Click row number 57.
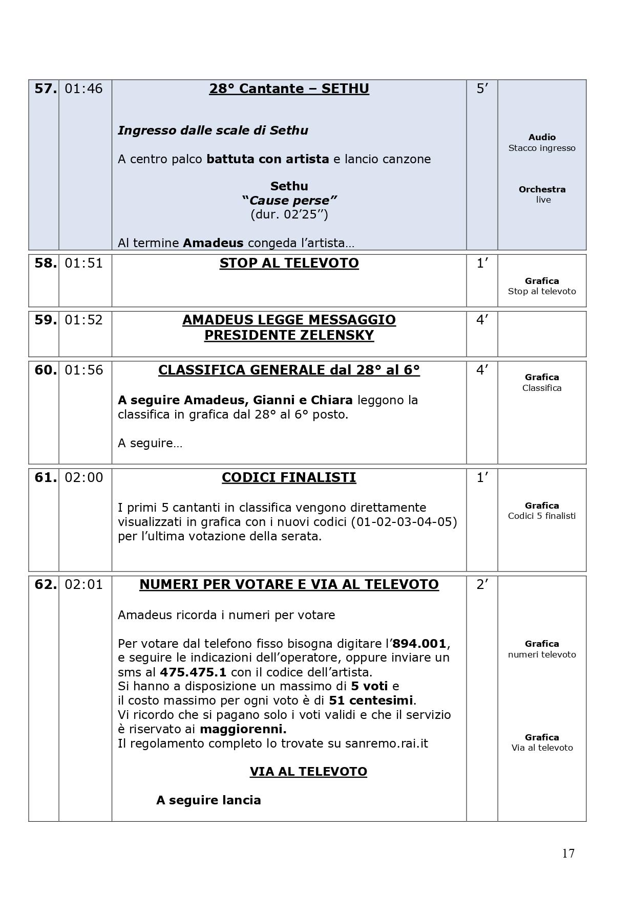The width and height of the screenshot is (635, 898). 45,89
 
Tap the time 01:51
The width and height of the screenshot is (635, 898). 83,263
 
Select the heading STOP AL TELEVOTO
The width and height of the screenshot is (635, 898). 289,263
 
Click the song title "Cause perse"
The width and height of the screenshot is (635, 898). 289,200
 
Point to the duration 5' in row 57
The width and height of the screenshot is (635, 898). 482,89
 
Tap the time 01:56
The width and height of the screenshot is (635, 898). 83,370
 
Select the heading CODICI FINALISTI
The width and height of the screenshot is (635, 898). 289,477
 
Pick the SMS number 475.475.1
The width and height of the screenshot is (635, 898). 193,672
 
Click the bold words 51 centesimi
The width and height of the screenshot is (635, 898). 371,700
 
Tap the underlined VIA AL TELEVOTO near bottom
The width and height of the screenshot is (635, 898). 308,772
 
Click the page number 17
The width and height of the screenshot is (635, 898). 568,853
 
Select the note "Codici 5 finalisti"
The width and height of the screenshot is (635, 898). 542,516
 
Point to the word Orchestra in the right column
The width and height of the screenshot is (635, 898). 542,189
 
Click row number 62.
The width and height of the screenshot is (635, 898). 45,584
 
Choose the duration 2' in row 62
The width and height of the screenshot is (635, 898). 482,584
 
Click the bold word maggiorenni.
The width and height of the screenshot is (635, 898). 243,729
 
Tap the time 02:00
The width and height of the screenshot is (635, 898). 83,477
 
